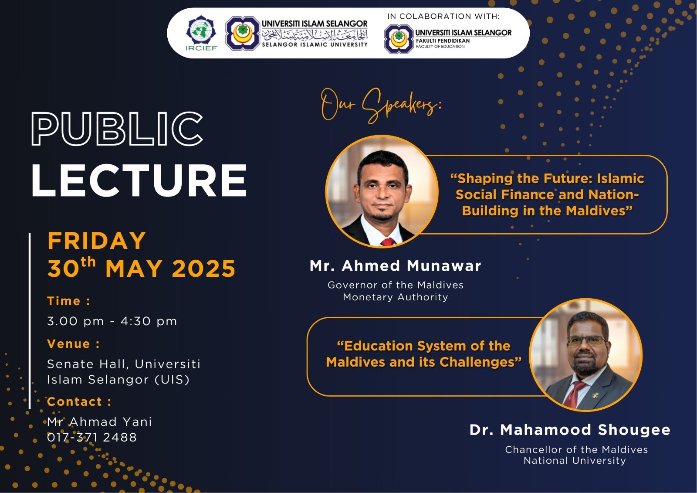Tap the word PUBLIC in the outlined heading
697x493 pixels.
click(117, 129)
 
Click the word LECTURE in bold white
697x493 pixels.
click(139, 180)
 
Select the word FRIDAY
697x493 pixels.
click(96, 241)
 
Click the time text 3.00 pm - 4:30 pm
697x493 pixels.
click(112, 321)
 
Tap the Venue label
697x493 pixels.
click(74, 344)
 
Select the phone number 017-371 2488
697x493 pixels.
click(92, 437)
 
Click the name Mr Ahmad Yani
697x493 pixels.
click(99, 422)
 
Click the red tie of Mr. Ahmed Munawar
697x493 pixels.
click(388, 242)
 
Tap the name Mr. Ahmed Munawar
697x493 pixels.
click(395, 265)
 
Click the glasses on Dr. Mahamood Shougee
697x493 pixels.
click(586, 341)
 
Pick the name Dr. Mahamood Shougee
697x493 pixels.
click(570, 430)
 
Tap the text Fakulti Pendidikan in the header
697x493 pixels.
click(443, 41)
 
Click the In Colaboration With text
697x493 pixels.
click(443, 16)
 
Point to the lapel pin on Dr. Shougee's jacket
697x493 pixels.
click(595, 396)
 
